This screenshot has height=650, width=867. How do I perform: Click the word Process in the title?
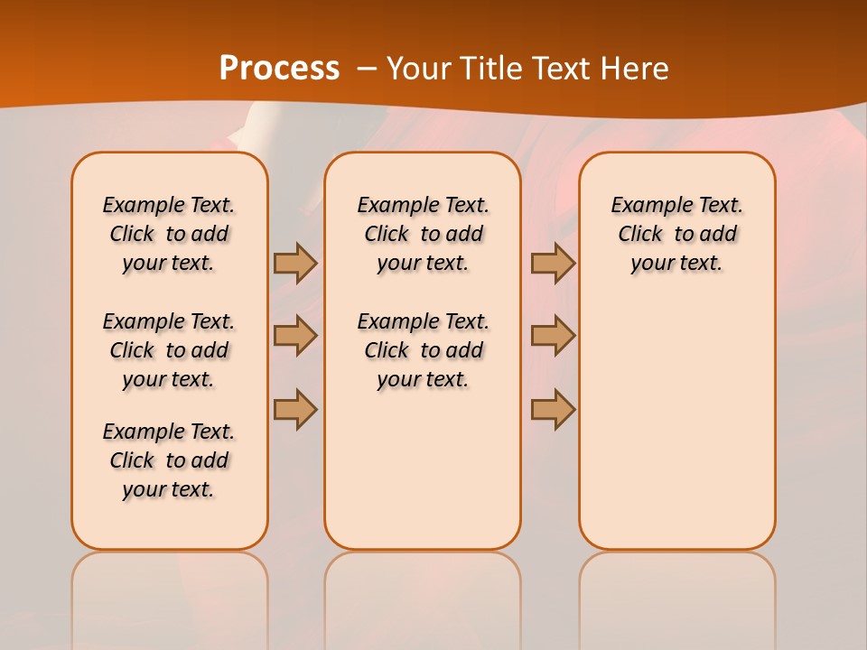coord(279,68)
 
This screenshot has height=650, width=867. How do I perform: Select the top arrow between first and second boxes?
coord(295,263)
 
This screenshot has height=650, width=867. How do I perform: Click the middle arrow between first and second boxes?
coord(295,336)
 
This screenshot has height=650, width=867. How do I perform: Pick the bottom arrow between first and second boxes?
coord(295,409)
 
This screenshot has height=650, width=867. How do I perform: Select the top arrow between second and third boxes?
coord(553,263)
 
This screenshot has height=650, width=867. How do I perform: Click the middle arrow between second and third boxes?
coord(553,336)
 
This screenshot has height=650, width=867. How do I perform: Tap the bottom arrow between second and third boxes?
coord(553,409)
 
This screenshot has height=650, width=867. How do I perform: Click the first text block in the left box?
coord(169,234)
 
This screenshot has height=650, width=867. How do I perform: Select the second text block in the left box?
coord(169,350)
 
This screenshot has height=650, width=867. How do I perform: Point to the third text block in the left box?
coord(169,460)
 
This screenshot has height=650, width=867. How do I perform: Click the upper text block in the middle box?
coord(423,234)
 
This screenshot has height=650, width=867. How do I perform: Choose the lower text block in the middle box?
coord(423,350)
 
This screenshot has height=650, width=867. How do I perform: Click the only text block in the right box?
coord(677,234)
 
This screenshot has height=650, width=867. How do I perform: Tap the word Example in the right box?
coord(646,206)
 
